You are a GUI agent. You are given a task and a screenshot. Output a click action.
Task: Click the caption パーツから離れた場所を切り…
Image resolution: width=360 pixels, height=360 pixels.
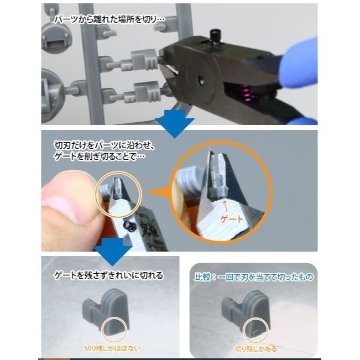click(x=108, y=19)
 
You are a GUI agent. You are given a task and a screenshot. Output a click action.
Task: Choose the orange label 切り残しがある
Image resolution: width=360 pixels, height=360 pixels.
click(x=255, y=349)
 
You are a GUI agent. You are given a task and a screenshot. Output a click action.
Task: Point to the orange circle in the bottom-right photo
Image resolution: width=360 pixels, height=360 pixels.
click(x=255, y=329)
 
